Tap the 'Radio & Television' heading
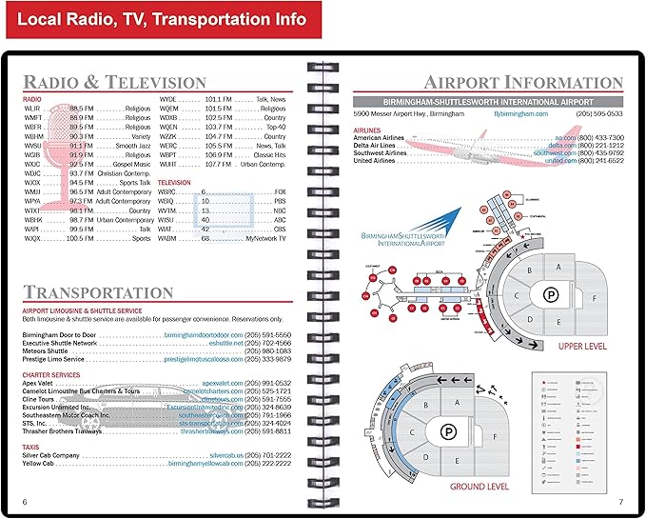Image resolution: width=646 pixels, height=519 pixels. (114, 82)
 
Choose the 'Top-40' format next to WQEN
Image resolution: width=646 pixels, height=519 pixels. (276, 127)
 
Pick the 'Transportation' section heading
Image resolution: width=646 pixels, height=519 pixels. (98, 292)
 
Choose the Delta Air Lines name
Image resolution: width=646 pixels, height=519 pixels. (379, 145)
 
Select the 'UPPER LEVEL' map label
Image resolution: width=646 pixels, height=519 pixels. (582, 347)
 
